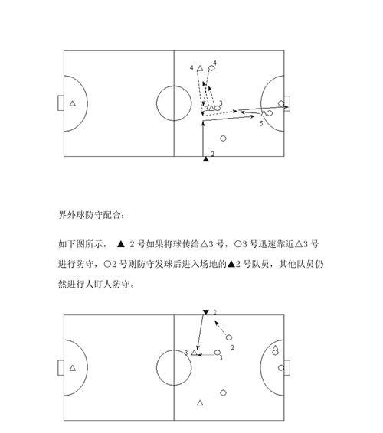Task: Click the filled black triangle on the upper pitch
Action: [x=205, y=159]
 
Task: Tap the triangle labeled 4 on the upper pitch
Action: [x=200, y=68]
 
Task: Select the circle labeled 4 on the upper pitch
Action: [x=211, y=67]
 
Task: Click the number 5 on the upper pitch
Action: [x=261, y=123]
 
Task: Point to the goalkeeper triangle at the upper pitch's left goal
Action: [x=73, y=103]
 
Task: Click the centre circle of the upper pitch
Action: [x=174, y=86]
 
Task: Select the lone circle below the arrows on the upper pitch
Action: [x=223, y=138]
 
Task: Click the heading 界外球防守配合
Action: [x=91, y=214]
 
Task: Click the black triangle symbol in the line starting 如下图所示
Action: [x=121, y=244]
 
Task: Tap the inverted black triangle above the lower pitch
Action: [x=205, y=312]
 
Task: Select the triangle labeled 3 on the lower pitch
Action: [x=194, y=353]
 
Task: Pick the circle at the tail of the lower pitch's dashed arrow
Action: [x=229, y=337]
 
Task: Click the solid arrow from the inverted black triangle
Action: [x=200, y=333]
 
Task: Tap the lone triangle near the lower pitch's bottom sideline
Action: [x=200, y=403]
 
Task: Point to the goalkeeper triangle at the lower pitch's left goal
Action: [x=73, y=368]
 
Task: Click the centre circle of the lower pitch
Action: [x=174, y=350]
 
